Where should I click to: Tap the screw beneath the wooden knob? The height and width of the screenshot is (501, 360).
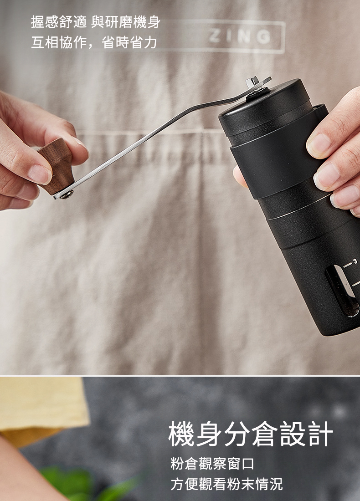click(67, 194)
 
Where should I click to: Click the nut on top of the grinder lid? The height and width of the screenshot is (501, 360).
click(252, 82)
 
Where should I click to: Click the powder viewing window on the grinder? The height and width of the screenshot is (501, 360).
click(341, 291)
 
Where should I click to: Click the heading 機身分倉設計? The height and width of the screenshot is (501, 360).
click(251, 434)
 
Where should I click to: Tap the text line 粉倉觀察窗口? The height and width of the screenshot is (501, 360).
click(212, 464)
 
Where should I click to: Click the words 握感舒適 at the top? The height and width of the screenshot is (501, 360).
click(59, 22)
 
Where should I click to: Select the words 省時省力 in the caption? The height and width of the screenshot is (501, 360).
click(129, 42)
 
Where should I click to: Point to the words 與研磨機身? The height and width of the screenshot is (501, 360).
click(126, 22)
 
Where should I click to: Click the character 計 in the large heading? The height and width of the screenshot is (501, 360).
click(321, 434)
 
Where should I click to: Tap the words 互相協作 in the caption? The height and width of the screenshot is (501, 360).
click(59, 42)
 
